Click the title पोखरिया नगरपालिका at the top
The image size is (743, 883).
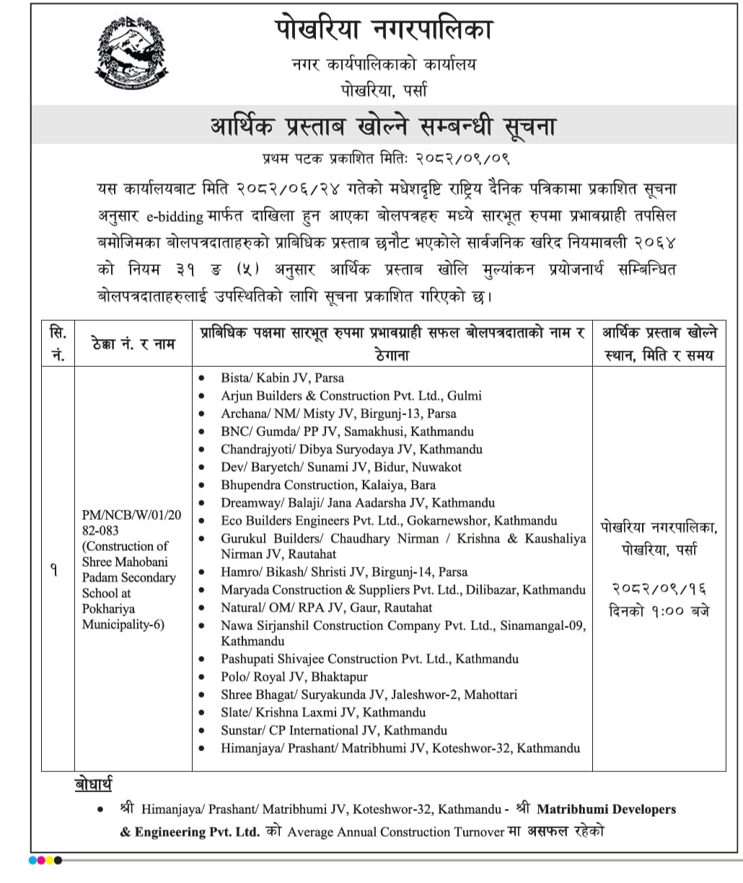384,30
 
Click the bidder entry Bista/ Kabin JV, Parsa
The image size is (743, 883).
282,378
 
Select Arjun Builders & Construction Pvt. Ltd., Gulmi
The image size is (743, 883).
351,396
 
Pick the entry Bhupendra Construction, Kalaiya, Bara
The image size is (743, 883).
328,485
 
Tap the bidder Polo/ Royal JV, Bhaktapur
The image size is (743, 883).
294,677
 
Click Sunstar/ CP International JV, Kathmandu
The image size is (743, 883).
333,730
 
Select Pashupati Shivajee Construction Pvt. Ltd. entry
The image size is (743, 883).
369,659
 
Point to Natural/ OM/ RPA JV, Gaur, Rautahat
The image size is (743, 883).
326,608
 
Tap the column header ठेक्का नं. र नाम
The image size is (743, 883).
133,344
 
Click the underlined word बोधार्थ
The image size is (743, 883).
93,784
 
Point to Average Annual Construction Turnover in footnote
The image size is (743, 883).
395,832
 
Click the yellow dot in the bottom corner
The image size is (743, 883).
50,860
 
